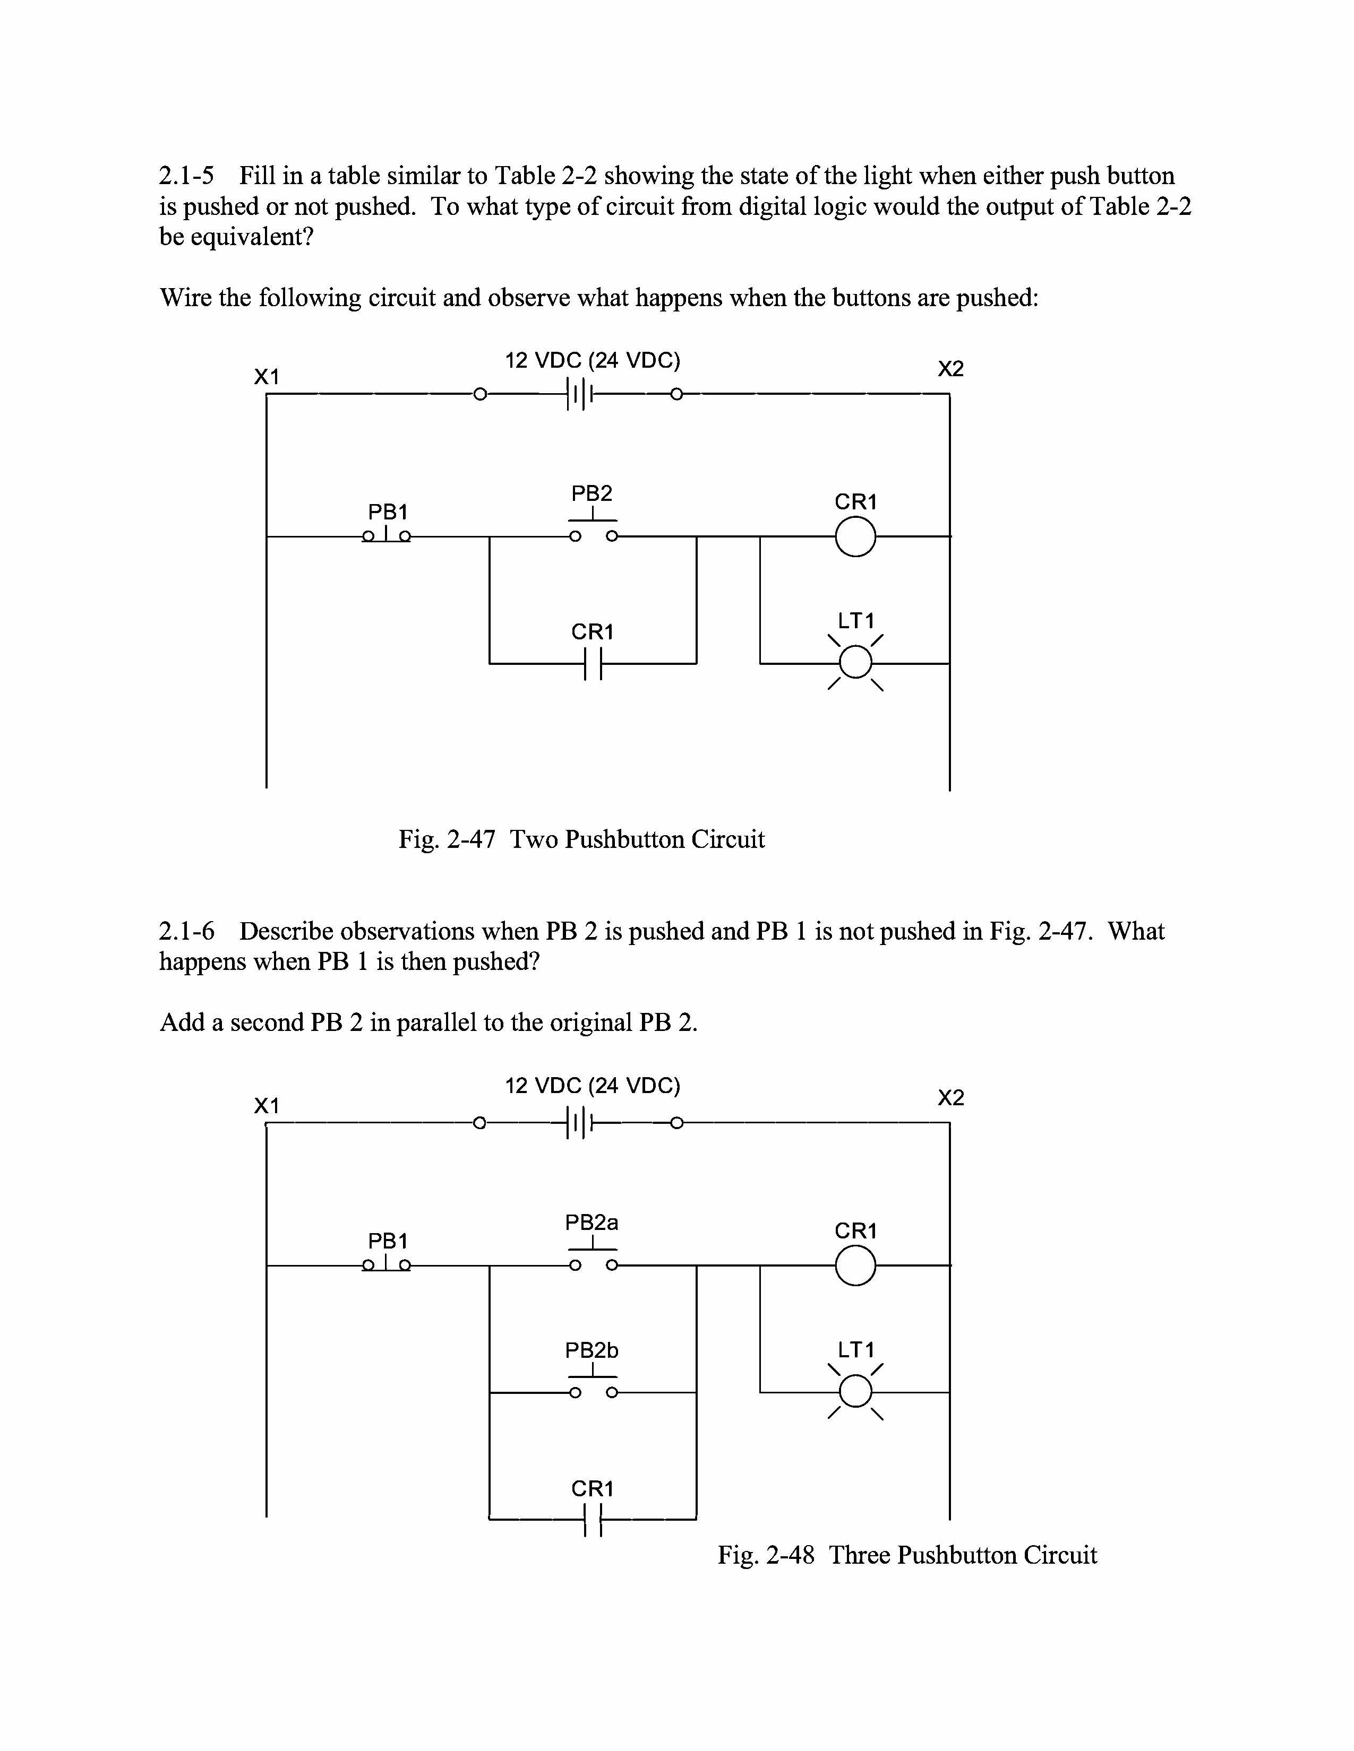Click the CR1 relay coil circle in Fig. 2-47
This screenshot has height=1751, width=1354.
pos(855,536)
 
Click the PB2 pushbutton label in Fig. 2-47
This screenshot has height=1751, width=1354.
pos(592,493)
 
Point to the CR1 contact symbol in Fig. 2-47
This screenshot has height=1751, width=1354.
pos(593,663)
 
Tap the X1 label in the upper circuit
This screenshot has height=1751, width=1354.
pos(267,376)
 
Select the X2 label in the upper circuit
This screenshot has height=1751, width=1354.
pos(950,369)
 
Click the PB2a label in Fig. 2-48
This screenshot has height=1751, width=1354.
pos(592,1223)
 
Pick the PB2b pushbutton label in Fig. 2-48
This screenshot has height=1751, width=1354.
pos(592,1351)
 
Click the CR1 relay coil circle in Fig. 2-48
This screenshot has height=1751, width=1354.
pos(855,1266)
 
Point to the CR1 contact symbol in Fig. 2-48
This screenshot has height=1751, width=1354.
pos(593,1519)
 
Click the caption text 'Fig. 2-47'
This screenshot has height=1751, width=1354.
pos(447,839)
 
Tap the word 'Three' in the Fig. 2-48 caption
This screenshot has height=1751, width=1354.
pos(858,1555)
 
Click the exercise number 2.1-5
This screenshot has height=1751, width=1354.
pos(187,176)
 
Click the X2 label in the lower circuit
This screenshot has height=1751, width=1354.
pos(950,1098)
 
